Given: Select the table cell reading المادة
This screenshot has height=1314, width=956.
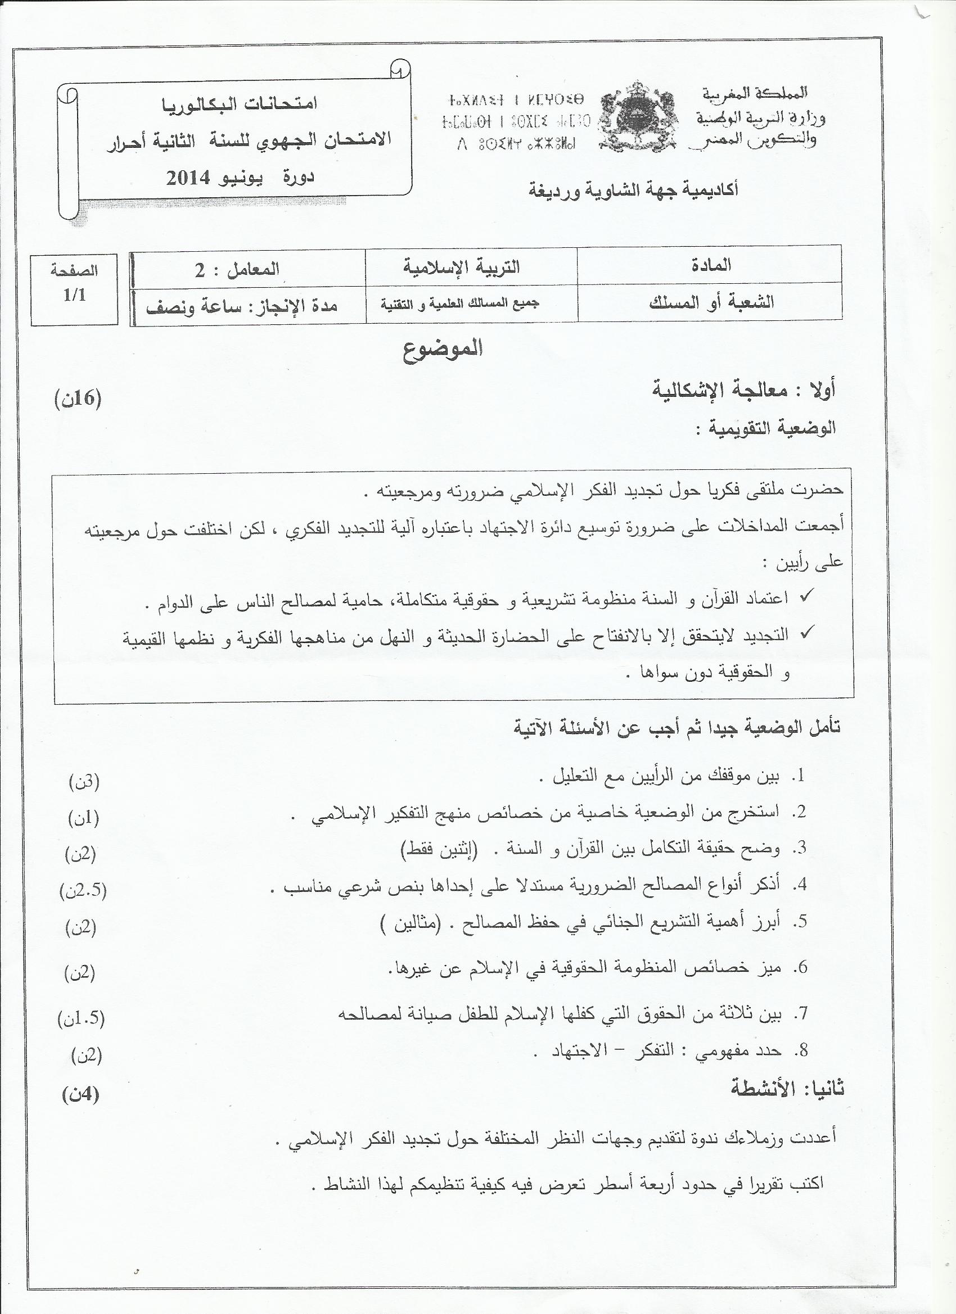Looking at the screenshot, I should point(711,266).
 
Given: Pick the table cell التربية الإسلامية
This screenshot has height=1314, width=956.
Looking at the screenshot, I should point(462,267).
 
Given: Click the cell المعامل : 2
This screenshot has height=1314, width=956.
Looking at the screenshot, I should point(237,269).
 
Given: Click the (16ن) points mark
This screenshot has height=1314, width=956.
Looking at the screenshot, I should point(78,399).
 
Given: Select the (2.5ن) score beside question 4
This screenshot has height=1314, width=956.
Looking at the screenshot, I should point(83,890).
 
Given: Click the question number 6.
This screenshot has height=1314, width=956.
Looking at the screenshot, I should point(802,967).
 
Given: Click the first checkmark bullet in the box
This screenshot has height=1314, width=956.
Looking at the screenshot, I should point(806,597).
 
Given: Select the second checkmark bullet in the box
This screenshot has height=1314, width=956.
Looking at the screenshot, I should point(806,633).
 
